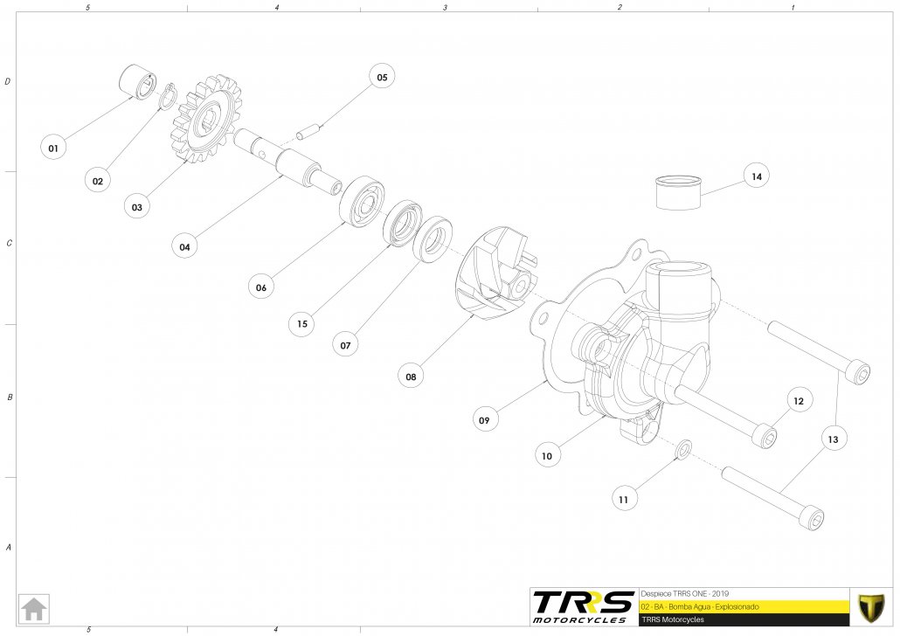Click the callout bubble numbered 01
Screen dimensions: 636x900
coord(53,148)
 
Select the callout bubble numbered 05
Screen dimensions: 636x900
coord(382,78)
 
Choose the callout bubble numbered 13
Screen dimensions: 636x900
coord(833,439)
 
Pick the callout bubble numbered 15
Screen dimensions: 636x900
coord(301,323)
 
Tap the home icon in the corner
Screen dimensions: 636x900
coord(34,608)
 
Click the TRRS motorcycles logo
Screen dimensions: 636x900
coord(583,605)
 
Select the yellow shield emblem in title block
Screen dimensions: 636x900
coord(872,605)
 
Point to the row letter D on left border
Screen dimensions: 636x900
coord(8,82)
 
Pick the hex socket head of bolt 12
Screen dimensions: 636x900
coord(767,436)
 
